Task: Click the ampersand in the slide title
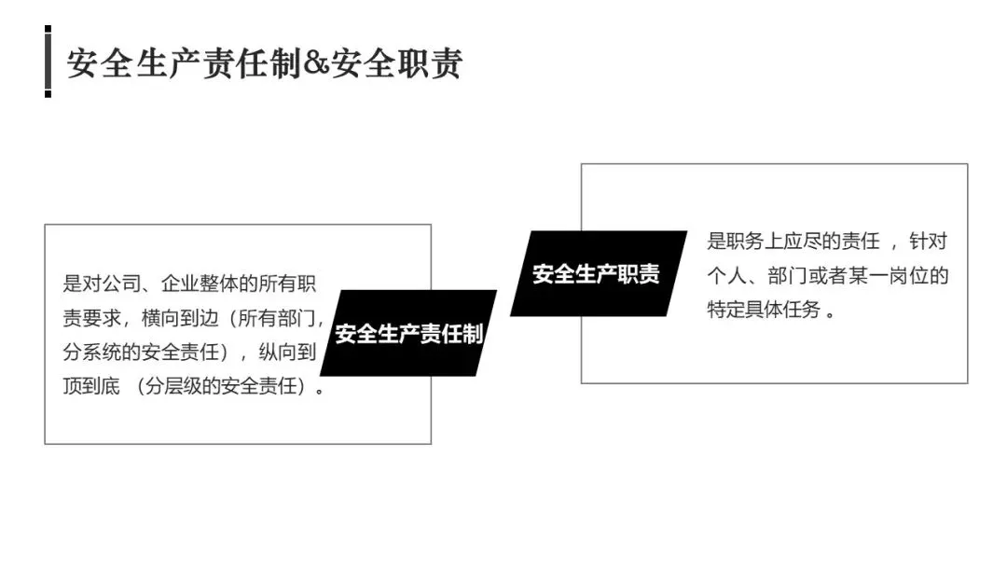[318, 65]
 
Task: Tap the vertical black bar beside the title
[48, 62]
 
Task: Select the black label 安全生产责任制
[408, 334]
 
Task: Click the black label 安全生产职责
[596, 273]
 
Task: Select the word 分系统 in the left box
[93, 352]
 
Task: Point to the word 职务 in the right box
[748, 242]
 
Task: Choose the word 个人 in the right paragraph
[727, 276]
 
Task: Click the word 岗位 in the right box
[908, 276]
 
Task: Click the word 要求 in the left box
[103, 317]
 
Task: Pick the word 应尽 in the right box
[809, 242]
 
